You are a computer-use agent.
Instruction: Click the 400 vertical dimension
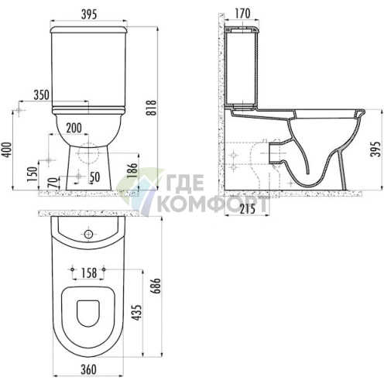click(x=9, y=150)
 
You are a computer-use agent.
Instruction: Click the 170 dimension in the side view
click(x=242, y=13)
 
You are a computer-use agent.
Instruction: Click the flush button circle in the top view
click(x=91, y=232)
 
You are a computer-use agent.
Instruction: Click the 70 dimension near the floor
click(x=53, y=183)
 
